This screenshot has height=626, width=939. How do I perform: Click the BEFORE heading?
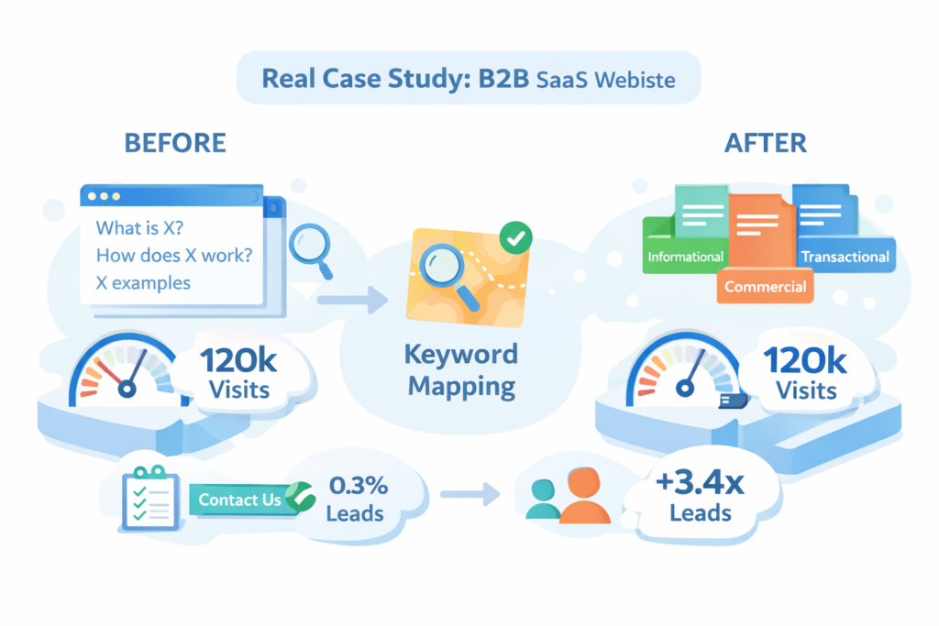coord(174,144)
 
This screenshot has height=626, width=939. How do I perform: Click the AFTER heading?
coord(766,144)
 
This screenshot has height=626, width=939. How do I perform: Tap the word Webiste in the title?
coord(635,79)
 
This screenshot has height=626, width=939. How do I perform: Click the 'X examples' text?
coord(143,282)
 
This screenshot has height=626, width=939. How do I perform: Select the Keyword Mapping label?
coord(462,369)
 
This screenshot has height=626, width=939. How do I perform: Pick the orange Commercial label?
coord(766,287)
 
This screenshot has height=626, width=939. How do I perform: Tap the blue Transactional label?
coord(845,257)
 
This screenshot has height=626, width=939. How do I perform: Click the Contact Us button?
coord(239,500)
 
